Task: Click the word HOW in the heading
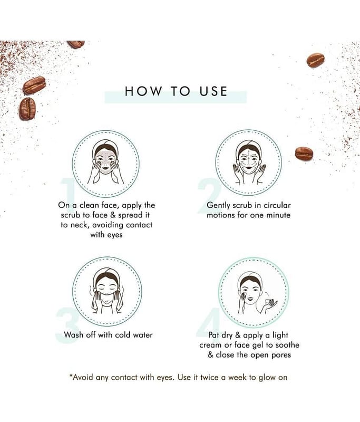[143, 91]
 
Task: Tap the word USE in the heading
[213, 91]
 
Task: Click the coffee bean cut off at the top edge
[76, 44]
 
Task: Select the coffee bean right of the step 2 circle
[304, 154]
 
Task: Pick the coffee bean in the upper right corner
[315, 60]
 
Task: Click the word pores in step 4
[281, 356]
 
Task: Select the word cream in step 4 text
[209, 346]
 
